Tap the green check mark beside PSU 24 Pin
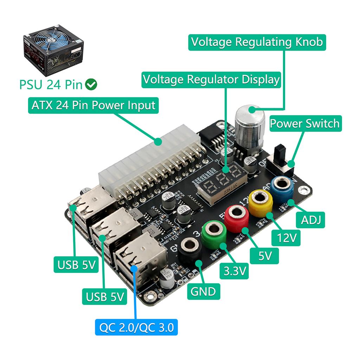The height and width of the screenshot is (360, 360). [x=91, y=85]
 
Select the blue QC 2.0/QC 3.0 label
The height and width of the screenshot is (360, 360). [x=136, y=328]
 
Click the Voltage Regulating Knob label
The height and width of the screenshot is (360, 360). [x=257, y=42]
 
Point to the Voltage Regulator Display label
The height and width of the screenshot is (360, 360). [x=211, y=79]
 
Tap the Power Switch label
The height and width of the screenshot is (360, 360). [x=305, y=123]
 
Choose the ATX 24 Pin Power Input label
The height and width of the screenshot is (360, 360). [x=93, y=105]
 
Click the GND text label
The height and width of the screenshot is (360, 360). [x=203, y=291]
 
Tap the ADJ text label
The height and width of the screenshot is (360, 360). [x=311, y=221]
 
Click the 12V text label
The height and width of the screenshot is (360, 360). [x=287, y=238]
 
